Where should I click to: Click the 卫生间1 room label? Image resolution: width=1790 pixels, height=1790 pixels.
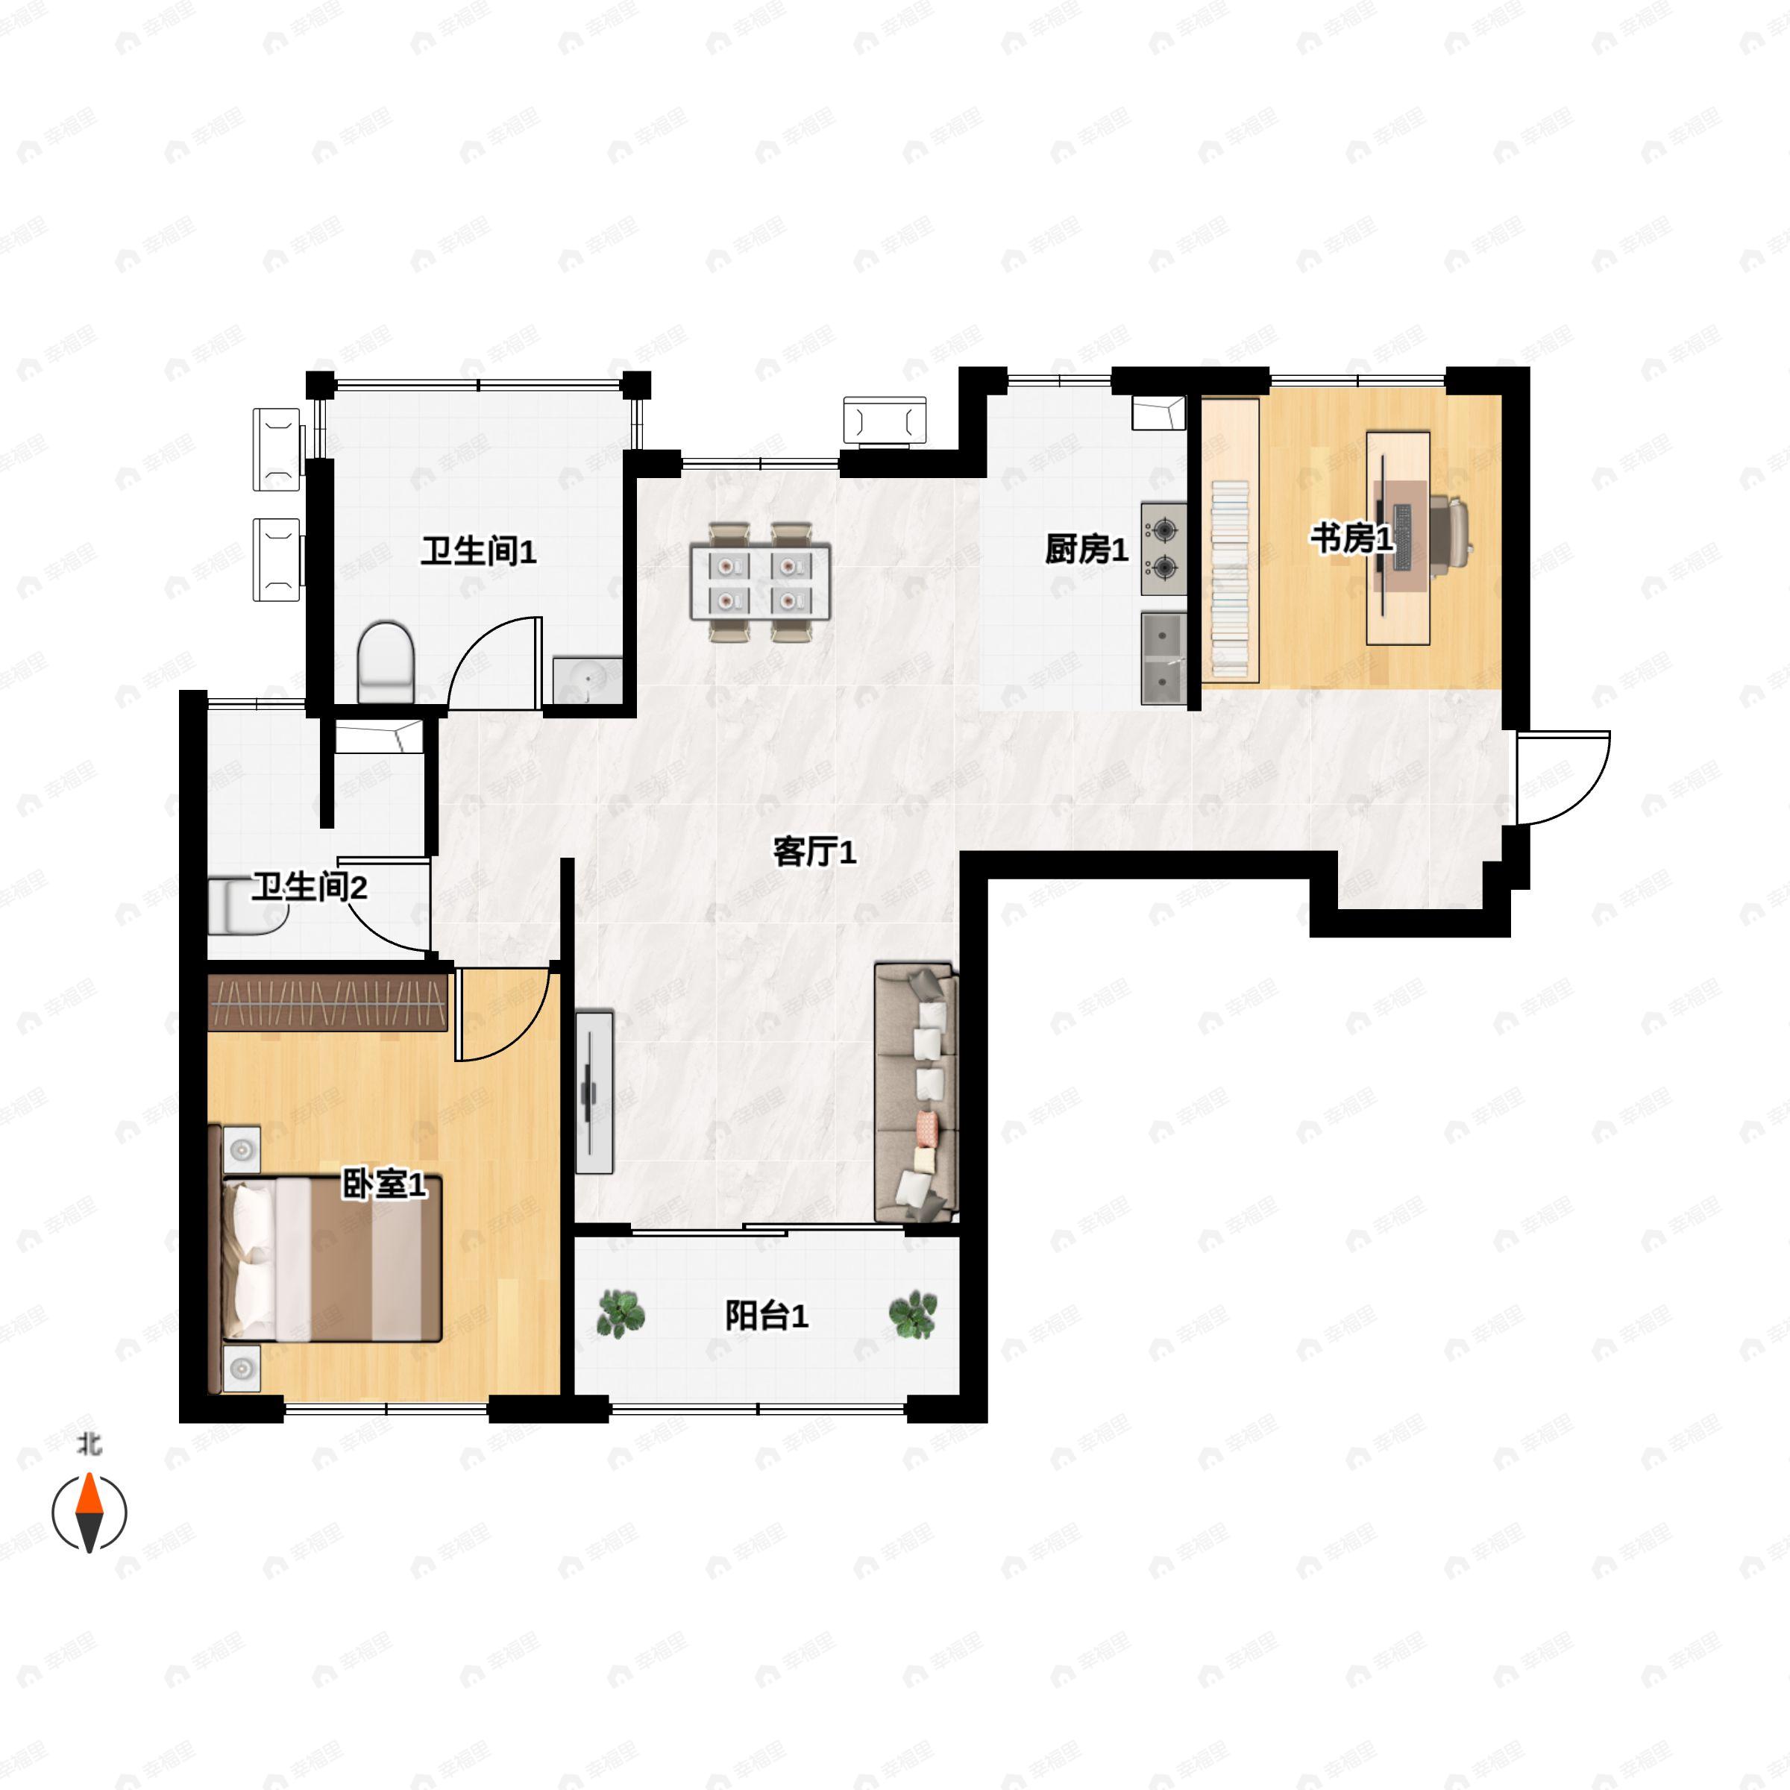[478, 552]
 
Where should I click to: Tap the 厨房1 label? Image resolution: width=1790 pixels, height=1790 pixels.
[1086, 550]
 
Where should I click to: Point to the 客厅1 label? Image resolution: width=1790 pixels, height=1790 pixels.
[814, 852]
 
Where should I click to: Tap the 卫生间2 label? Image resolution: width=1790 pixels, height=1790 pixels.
[310, 887]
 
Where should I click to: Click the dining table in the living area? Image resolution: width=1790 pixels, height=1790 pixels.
[760, 581]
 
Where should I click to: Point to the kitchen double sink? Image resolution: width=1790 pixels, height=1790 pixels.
[1163, 658]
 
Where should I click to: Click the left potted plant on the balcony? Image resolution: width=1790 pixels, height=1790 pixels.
[620, 1313]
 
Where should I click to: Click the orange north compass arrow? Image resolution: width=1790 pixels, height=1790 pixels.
[89, 1493]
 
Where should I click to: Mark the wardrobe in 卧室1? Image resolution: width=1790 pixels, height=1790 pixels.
[328, 1002]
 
